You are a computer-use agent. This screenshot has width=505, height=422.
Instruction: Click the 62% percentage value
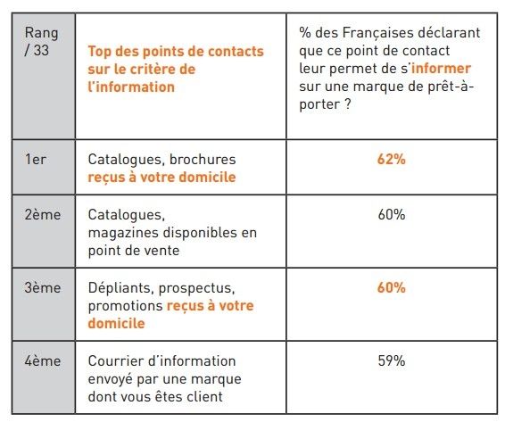pos(392,159)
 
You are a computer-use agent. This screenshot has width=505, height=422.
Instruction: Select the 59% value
pos(392,360)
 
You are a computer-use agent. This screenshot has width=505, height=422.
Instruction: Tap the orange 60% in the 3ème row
pos(392,287)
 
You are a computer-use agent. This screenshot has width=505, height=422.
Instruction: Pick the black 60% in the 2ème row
pos(392,214)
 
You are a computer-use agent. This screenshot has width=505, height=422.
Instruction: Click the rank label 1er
pos(36,159)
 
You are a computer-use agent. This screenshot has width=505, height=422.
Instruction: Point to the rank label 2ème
pos(43,214)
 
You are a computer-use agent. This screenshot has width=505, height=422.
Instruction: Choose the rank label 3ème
pos(43,287)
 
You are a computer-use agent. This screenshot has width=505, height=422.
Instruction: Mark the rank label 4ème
pos(43,360)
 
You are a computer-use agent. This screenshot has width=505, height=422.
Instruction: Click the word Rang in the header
pos(42,34)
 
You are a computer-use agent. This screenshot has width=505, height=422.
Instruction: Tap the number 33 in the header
pos(41,50)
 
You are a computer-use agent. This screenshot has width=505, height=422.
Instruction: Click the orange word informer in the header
pos(442,69)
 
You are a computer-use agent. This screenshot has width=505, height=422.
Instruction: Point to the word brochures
pos(203,159)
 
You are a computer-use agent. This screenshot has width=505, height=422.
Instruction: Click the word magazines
pos(124,233)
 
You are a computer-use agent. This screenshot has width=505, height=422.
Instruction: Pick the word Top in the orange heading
pos(100,52)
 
